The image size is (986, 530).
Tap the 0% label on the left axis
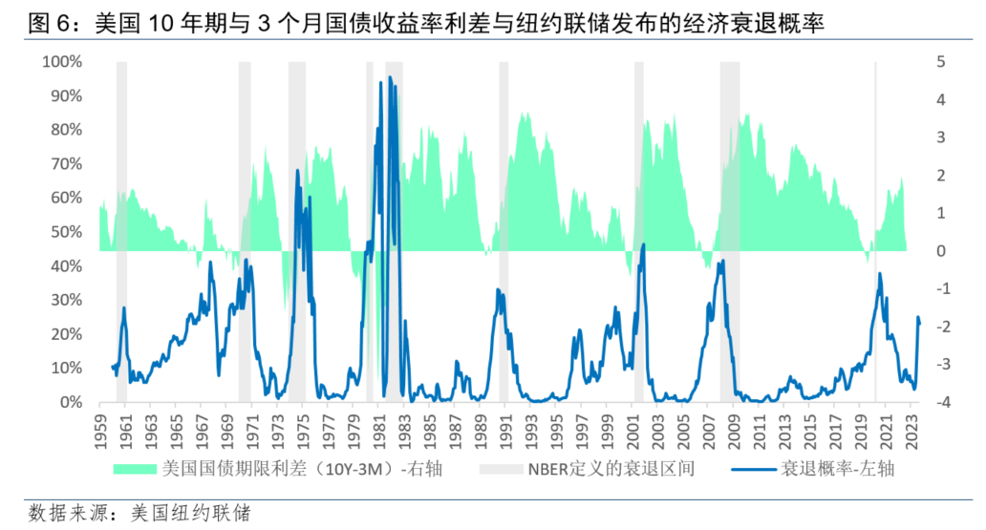(x=73, y=402)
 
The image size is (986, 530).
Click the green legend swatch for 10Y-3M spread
(x=135, y=469)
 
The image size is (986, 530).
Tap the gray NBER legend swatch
(x=498, y=469)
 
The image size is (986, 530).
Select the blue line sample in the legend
(x=752, y=469)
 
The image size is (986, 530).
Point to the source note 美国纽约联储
(x=204, y=513)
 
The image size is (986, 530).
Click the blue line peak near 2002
(x=643, y=244)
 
